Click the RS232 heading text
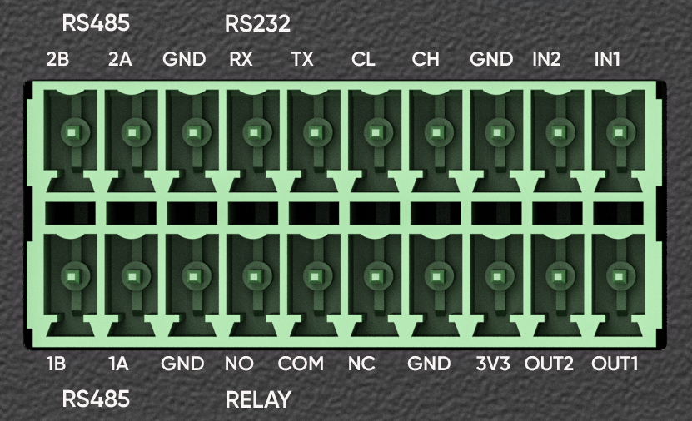(x=257, y=25)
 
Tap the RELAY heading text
(x=258, y=400)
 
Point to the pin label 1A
(x=117, y=364)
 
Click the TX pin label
(x=301, y=60)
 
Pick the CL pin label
(x=363, y=60)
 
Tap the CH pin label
(x=425, y=60)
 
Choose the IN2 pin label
(x=546, y=60)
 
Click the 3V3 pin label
(x=492, y=364)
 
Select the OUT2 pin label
(x=549, y=364)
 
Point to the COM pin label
(x=301, y=364)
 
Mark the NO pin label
(x=239, y=364)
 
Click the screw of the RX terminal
(x=253, y=131)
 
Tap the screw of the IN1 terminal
(x=617, y=131)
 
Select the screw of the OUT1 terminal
(x=617, y=275)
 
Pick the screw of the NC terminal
(x=375, y=275)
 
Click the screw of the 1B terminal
(x=72, y=275)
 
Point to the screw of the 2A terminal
(x=132, y=131)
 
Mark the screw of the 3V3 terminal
(x=496, y=275)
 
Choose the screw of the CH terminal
(x=436, y=131)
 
